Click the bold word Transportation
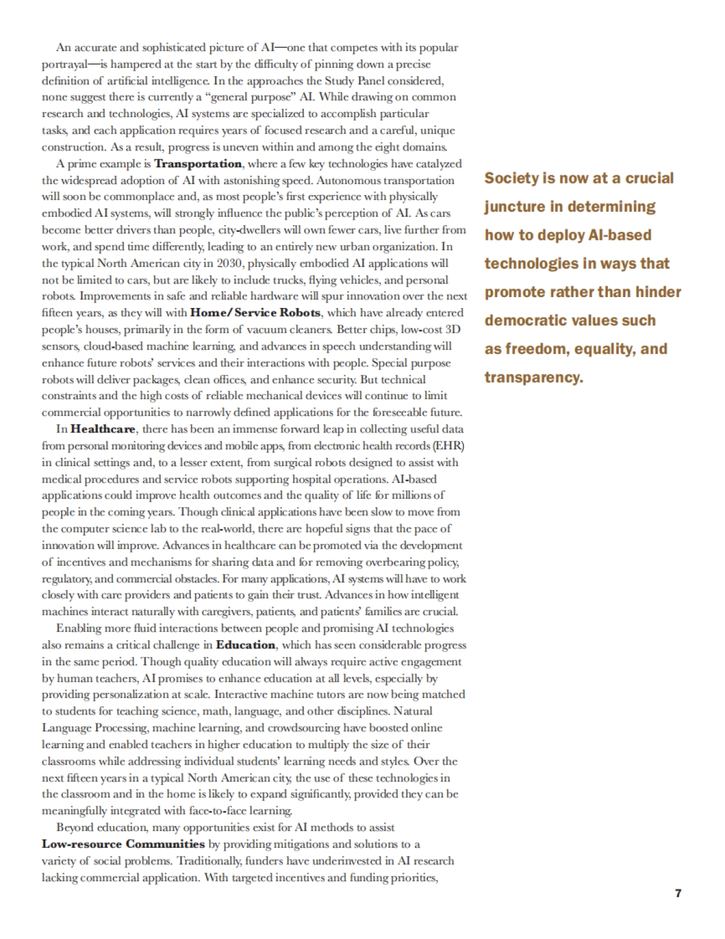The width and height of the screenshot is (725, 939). (x=198, y=164)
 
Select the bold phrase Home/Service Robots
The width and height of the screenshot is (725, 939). (x=257, y=313)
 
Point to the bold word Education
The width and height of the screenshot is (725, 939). (x=245, y=645)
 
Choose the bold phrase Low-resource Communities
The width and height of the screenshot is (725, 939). (x=123, y=844)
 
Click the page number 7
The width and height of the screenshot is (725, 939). (x=678, y=894)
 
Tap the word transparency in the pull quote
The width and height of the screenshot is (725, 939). (x=533, y=377)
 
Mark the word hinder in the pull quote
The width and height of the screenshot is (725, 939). (x=657, y=292)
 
